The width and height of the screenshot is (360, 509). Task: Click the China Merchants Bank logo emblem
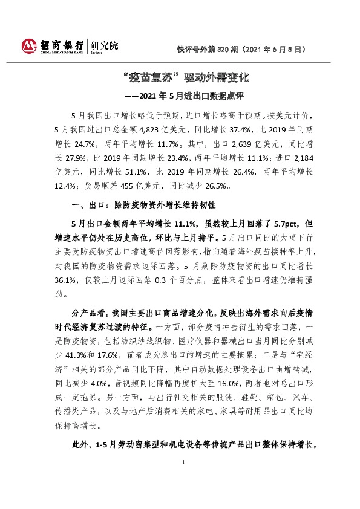30,46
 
